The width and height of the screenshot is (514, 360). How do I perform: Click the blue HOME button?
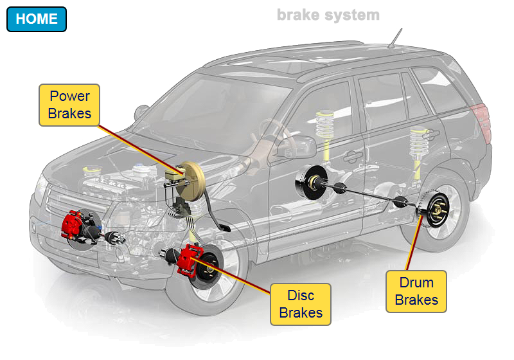tap(37, 19)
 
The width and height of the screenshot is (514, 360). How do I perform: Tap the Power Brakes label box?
tap(69, 105)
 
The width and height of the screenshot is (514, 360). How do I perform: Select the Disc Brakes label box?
tap(300, 304)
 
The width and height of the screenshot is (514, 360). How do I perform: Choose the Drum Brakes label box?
tap(416, 291)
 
